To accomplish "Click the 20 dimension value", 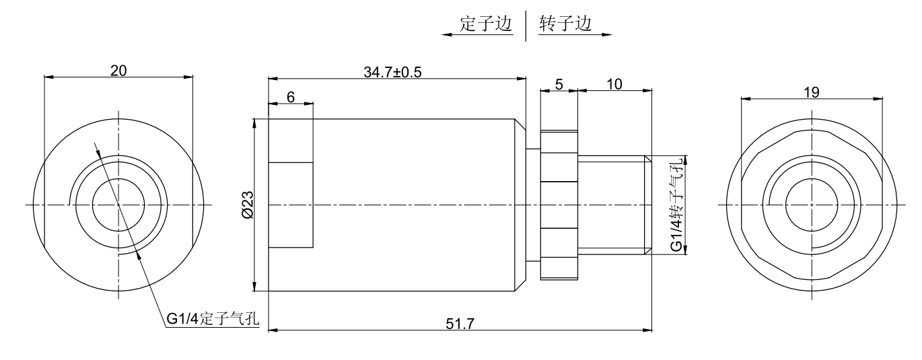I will tap(118, 70).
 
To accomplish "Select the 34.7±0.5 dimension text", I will tap(392, 73).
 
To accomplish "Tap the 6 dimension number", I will tap(291, 97).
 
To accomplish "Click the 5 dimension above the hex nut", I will tap(559, 85).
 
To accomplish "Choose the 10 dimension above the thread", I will tap(614, 85).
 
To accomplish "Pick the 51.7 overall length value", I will tap(460, 324).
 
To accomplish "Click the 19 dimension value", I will tap(812, 92).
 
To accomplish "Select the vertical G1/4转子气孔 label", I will tap(676, 204).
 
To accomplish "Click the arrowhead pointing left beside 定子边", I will tap(446, 34).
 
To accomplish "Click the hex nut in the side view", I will tap(559, 204).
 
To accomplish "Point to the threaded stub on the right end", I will tap(614, 204).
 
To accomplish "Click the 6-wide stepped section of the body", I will tap(291, 204).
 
